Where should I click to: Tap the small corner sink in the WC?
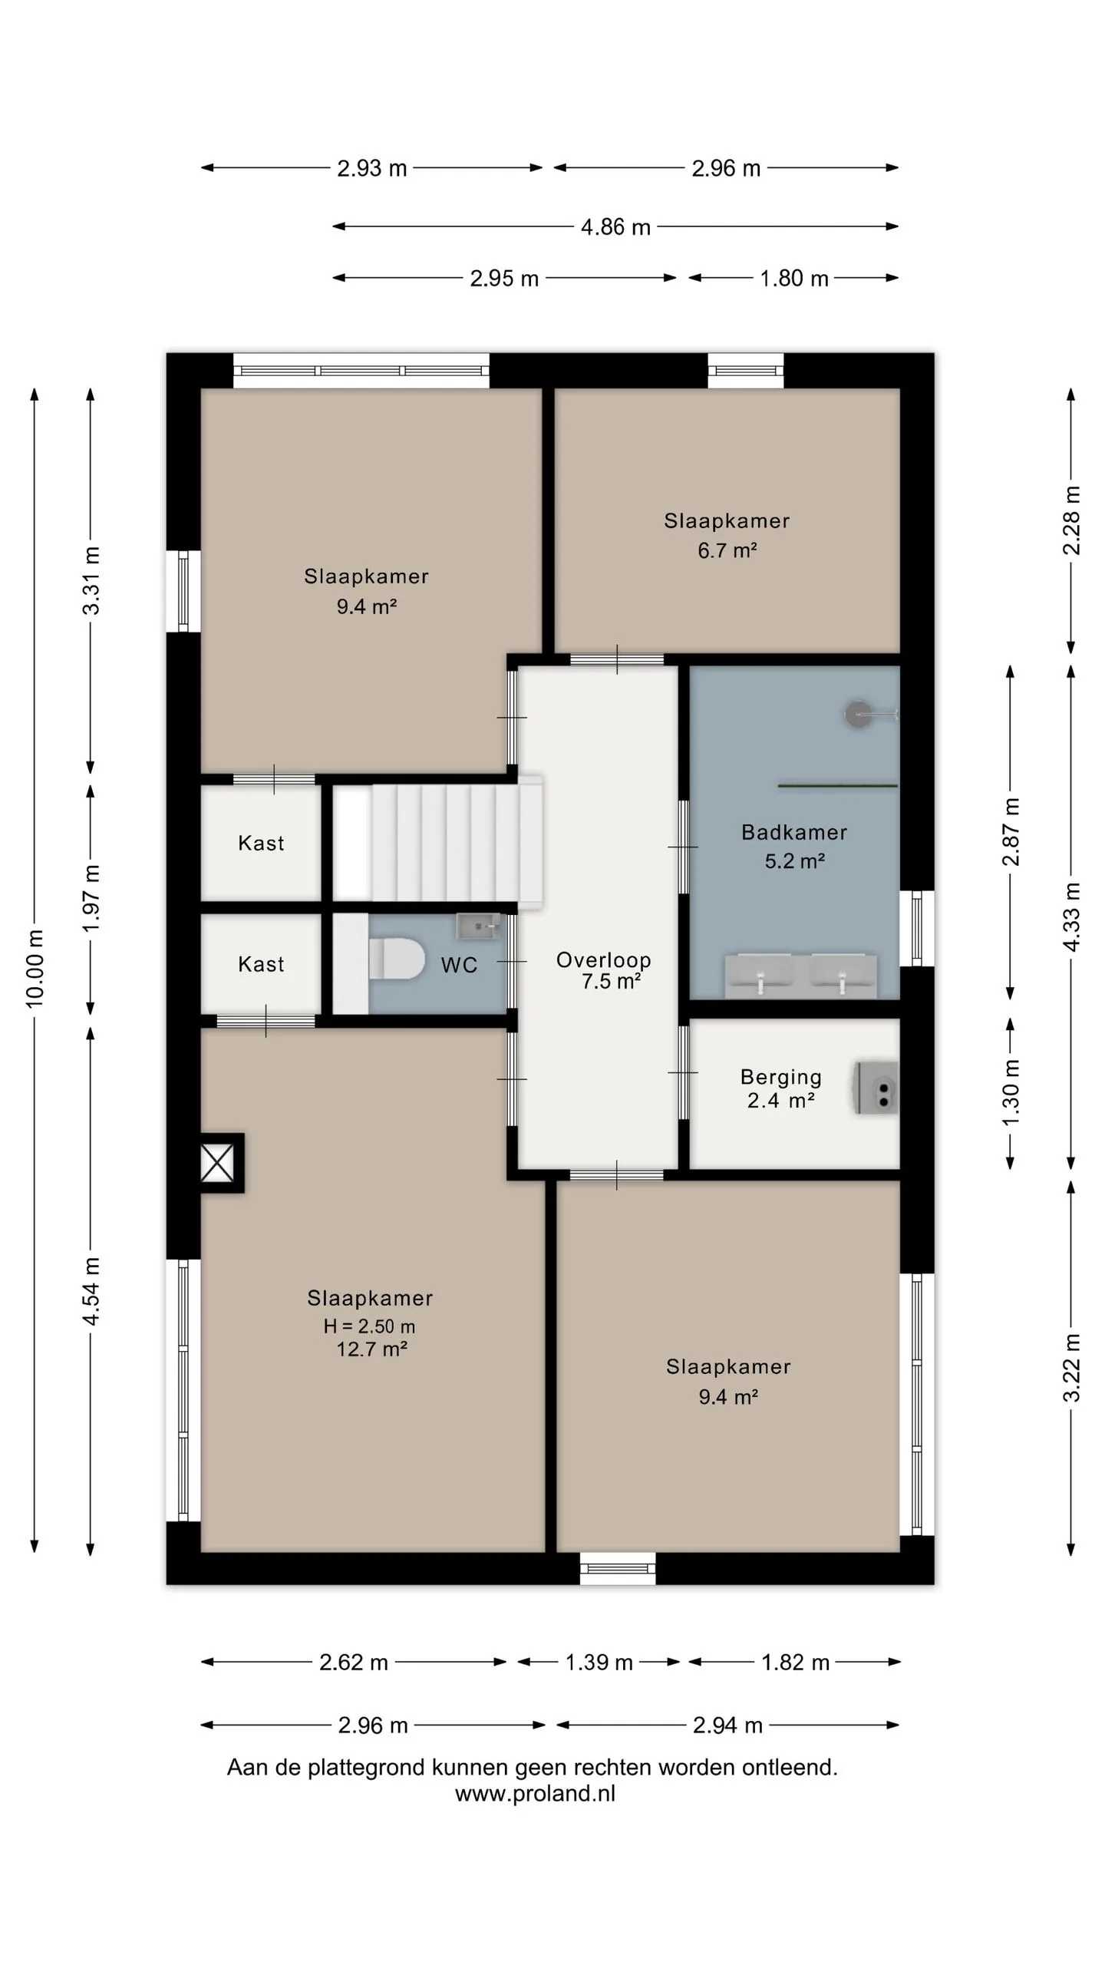pos(478,926)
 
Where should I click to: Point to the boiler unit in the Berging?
pos(876,1088)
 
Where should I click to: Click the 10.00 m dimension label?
pos(35,968)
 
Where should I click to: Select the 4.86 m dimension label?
pos(615,227)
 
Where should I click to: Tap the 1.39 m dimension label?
pos(599,1663)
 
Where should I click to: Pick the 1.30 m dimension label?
pos(1011,1092)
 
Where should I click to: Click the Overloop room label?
pos(603,959)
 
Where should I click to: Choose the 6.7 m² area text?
pos(727,550)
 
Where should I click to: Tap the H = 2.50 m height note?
pos(369,1326)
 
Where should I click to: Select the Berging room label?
pos(780,1078)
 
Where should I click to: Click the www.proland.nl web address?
pos(535,1793)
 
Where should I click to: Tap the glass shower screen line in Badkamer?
pos(838,786)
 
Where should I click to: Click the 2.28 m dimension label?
pos(1071,520)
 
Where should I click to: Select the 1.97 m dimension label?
pos(91,898)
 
